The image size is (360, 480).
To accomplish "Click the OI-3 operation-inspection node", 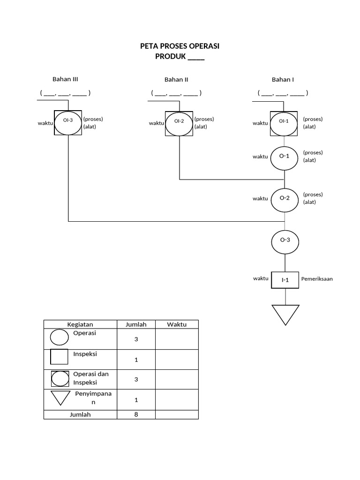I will pyautogui.click(x=68, y=123).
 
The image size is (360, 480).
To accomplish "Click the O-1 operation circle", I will pyautogui.click(x=285, y=157).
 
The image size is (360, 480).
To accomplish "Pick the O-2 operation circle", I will pyautogui.click(x=285, y=198).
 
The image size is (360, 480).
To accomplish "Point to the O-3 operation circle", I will pyautogui.click(x=285, y=240).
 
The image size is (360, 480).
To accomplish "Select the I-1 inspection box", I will pyautogui.click(x=285, y=280).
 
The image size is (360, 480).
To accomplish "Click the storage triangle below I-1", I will pyautogui.click(x=285, y=313).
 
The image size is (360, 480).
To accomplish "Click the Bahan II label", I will pyautogui.click(x=176, y=80).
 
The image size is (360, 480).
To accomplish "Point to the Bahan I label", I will pyautogui.click(x=283, y=80).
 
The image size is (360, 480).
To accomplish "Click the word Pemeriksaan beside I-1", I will pyautogui.click(x=317, y=278).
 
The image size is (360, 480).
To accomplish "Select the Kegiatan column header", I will pyautogui.click(x=80, y=324).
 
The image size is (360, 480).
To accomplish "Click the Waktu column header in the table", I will pyautogui.click(x=177, y=324).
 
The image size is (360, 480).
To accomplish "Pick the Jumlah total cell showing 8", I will pyautogui.click(x=136, y=414).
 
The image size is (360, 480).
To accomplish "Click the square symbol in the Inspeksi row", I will pyautogui.click(x=60, y=357).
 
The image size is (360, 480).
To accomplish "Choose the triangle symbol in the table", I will pyautogui.click(x=60, y=397).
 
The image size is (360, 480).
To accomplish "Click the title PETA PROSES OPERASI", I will pyautogui.click(x=180, y=46).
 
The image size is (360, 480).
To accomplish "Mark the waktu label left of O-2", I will pyautogui.click(x=260, y=199).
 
